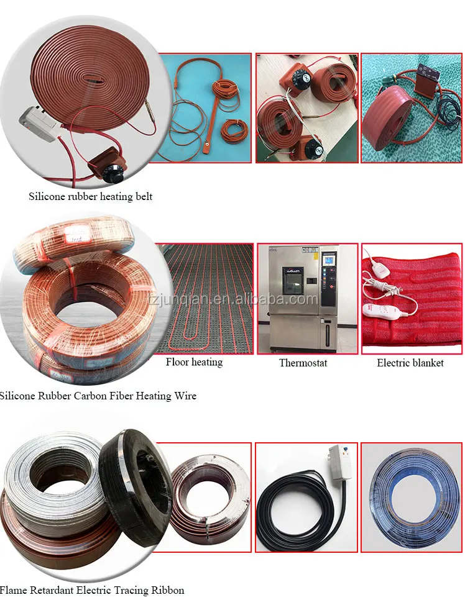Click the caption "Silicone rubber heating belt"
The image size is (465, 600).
click(x=90, y=197)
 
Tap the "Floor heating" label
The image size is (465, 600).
click(x=194, y=362)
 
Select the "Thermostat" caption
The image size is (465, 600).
click(x=303, y=363)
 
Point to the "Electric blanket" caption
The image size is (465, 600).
click(x=410, y=363)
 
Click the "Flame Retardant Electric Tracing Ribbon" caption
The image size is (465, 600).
click(x=92, y=590)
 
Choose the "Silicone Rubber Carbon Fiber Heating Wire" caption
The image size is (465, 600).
click(x=98, y=396)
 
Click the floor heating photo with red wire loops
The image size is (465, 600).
click(x=203, y=298)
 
